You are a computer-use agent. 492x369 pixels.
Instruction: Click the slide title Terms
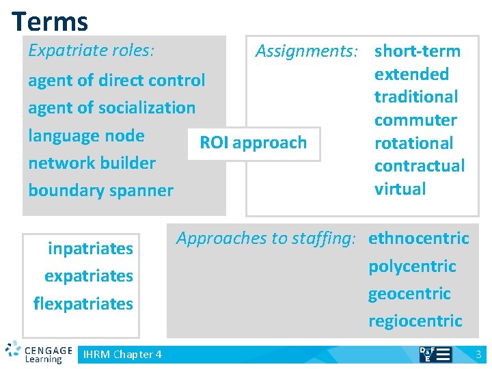click(x=50, y=21)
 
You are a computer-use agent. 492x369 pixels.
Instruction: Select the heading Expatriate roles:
click(x=91, y=51)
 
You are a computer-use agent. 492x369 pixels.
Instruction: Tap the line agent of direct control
click(x=116, y=81)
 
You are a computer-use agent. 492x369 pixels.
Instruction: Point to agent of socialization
click(x=111, y=108)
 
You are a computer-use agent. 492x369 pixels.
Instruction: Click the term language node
click(x=86, y=135)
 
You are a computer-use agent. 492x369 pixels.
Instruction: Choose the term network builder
click(x=92, y=163)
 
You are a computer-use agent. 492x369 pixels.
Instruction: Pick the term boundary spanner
click(x=100, y=190)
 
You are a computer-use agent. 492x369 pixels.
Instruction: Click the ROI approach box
click(x=253, y=143)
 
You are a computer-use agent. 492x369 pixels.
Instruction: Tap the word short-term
click(x=418, y=51)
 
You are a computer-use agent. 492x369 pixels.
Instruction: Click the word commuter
click(x=415, y=120)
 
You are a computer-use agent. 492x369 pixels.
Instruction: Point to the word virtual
click(x=400, y=189)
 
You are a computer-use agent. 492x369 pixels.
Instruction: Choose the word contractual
click(x=420, y=166)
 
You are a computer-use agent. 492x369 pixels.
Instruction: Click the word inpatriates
click(x=90, y=249)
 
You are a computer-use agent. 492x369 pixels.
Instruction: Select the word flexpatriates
click(x=83, y=303)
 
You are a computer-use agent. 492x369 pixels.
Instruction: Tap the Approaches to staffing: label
click(x=266, y=238)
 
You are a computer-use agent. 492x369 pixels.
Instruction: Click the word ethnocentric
click(x=419, y=238)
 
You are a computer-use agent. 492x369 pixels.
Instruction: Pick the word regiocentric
click(x=415, y=321)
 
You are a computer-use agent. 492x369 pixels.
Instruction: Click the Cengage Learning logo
click(x=39, y=352)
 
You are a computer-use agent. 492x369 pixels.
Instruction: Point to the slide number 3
click(x=478, y=354)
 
